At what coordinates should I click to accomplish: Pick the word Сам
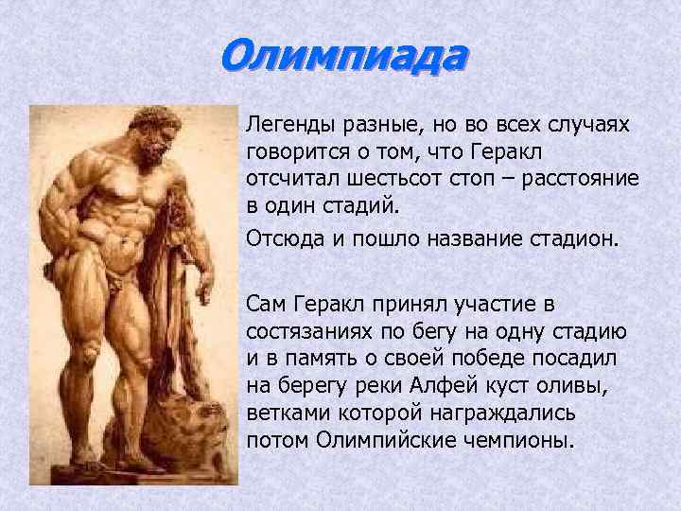click(266, 305)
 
